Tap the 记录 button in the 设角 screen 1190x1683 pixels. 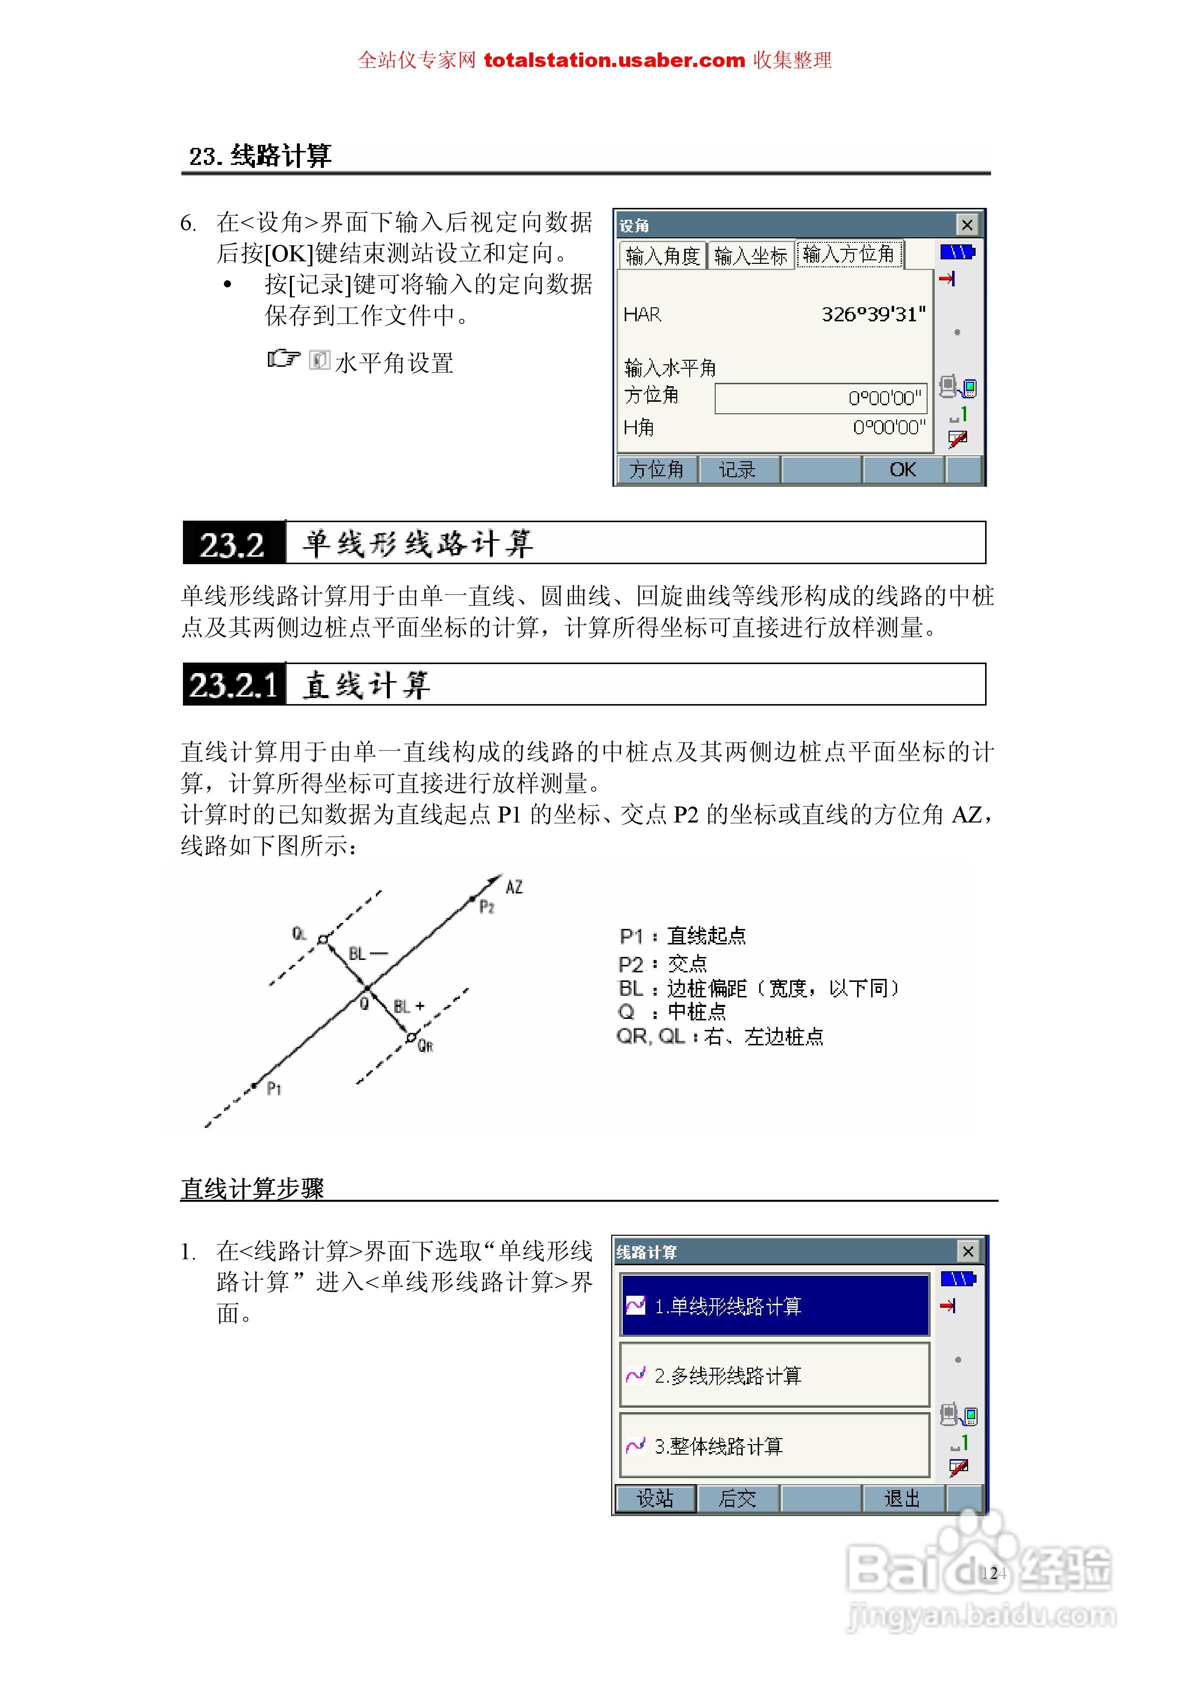pyautogui.click(x=738, y=470)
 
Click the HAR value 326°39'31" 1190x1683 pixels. pyautogui.click(x=873, y=314)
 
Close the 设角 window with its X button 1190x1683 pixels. pyautogui.click(x=967, y=225)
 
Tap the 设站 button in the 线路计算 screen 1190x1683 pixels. pyautogui.click(x=655, y=1498)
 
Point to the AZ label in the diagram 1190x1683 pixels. pyautogui.click(x=514, y=887)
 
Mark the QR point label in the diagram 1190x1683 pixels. pyautogui.click(x=425, y=1046)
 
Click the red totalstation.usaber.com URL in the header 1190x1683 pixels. pyautogui.click(x=614, y=60)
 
